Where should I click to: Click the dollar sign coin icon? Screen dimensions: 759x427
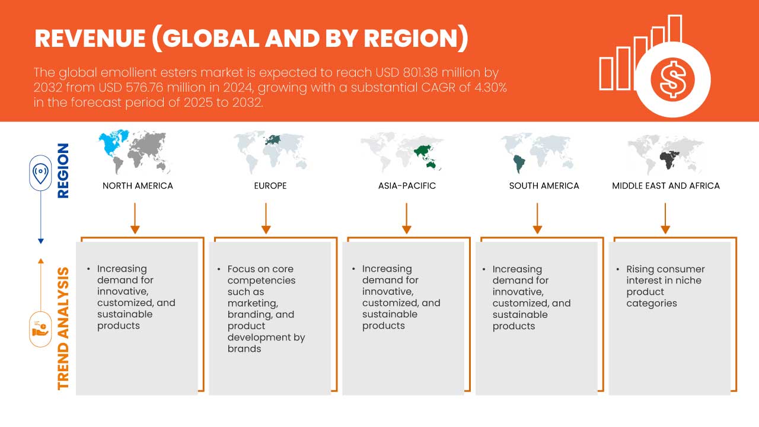(x=672, y=79)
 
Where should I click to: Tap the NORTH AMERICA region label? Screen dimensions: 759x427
(x=138, y=186)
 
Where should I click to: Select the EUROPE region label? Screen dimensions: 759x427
(x=270, y=186)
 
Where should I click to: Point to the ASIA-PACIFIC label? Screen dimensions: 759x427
(x=407, y=186)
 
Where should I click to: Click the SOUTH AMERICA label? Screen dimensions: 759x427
(x=544, y=186)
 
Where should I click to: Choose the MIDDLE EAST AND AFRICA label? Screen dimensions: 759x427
(x=666, y=186)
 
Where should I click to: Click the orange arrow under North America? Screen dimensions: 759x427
(x=135, y=218)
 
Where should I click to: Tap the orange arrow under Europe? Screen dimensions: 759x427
(x=266, y=218)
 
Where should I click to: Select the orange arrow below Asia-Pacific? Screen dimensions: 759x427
(x=406, y=218)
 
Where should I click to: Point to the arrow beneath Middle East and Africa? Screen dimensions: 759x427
(x=665, y=218)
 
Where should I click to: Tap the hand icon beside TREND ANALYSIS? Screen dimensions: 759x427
(x=40, y=329)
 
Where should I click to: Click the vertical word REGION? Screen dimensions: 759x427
(x=63, y=170)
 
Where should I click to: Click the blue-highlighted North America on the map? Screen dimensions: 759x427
(x=113, y=142)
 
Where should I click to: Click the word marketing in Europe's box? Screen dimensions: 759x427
(x=253, y=303)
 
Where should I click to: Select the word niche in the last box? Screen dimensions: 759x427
(x=688, y=281)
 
